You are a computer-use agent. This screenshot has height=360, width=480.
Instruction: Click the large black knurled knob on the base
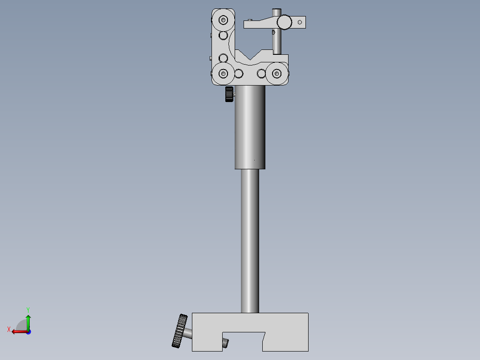point(180,331)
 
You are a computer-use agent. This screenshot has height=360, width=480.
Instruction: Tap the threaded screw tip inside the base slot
point(225,343)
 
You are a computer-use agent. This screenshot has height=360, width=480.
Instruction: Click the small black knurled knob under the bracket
point(229,94)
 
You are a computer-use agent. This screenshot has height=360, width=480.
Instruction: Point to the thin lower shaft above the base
point(250,241)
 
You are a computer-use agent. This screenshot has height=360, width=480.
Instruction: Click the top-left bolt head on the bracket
point(223,20)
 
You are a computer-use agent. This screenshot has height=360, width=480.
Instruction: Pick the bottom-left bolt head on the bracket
point(223,74)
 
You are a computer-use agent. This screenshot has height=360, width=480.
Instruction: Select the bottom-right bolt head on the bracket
point(277,74)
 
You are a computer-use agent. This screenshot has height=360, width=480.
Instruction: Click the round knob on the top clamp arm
point(284,21)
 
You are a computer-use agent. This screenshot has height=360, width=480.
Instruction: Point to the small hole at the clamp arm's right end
point(300,22)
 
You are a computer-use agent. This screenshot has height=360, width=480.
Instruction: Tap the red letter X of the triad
point(9,329)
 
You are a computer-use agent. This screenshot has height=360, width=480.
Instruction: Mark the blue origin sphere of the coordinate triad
point(28,331)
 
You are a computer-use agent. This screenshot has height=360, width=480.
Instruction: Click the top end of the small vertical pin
point(277,11)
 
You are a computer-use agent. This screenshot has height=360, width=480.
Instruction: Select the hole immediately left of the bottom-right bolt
point(261,74)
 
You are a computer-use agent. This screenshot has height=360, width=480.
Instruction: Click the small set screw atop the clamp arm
point(251,20)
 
